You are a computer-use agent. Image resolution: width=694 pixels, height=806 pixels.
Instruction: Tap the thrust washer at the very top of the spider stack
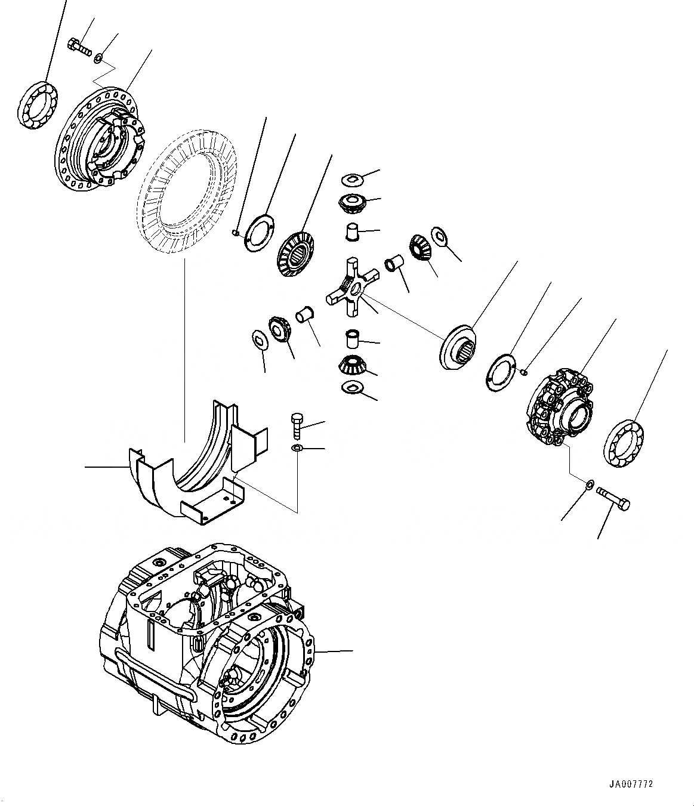click(x=352, y=178)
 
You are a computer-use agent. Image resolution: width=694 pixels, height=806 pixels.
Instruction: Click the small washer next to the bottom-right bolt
click(x=589, y=484)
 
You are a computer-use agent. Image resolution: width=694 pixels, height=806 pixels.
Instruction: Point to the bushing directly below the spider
click(x=353, y=339)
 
